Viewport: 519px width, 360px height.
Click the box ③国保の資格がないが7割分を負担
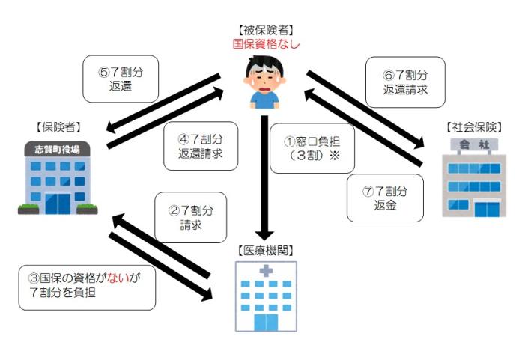(x=87, y=286)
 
